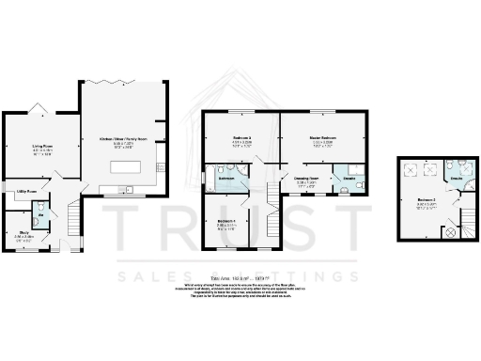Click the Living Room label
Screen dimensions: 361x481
[42, 147]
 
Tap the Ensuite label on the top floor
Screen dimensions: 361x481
[455, 177]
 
